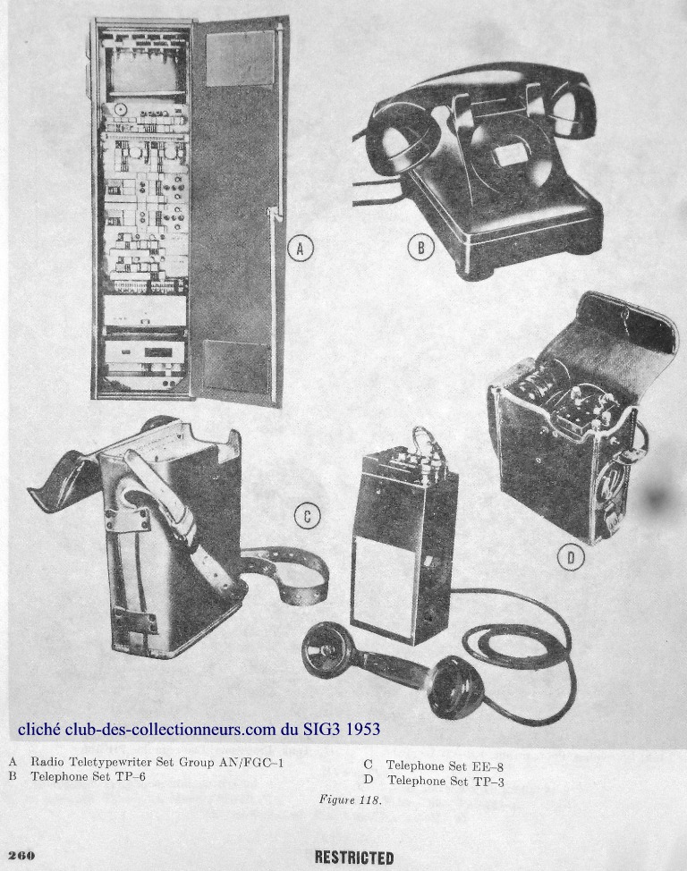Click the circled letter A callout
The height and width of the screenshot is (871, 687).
pyautogui.click(x=301, y=249)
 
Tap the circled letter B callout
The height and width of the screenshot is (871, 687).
pyautogui.click(x=420, y=247)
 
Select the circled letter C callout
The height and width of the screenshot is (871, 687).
pyautogui.click(x=307, y=517)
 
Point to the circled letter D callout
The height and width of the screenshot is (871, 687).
pyautogui.click(x=571, y=557)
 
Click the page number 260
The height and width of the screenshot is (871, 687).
pyautogui.click(x=21, y=856)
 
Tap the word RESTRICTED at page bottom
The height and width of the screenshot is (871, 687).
pyautogui.click(x=354, y=857)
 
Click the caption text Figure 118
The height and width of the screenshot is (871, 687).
pyautogui.click(x=350, y=799)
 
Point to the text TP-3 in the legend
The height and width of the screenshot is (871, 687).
pyautogui.click(x=489, y=781)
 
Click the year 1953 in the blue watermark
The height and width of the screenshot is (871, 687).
pyautogui.click(x=363, y=728)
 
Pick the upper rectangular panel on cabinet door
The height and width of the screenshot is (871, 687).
pyautogui.click(x=240, y=58)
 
